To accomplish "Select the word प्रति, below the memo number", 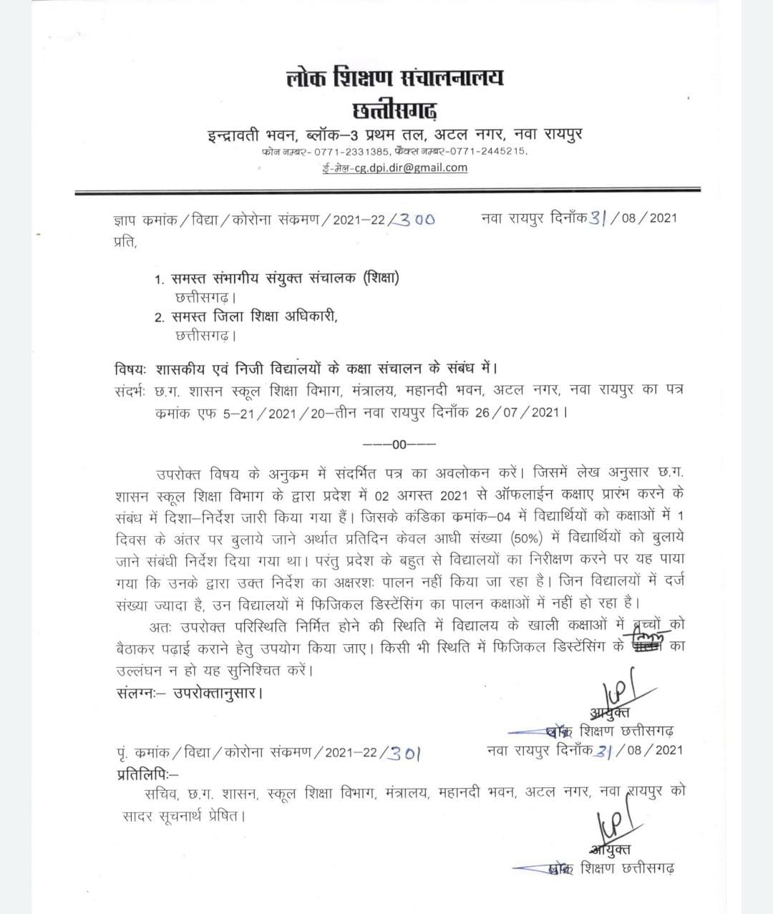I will pos(124,242).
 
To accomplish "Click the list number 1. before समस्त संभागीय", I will pos(160,279).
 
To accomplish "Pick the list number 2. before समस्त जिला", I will pos(160,317).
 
